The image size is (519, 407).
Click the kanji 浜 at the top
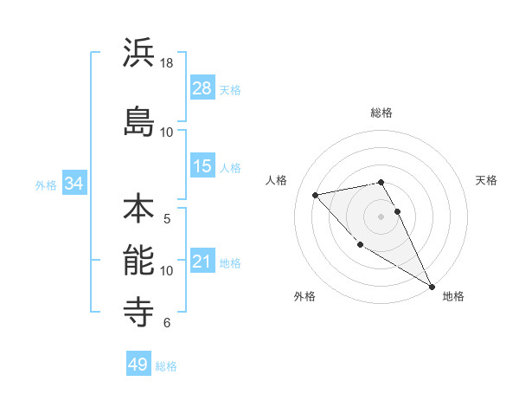[138, 53]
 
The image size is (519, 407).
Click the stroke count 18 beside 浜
[167, 63]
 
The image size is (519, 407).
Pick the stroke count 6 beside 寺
[167, 323]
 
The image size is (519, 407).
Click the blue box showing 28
[202, 88]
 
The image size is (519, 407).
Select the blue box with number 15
[202, 166]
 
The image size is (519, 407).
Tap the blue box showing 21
[202, 262]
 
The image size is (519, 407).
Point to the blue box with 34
[74, 184]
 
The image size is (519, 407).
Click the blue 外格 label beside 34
[46, 184]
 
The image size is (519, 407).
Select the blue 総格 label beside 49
[167, 366]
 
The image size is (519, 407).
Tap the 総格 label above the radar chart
[381, 113]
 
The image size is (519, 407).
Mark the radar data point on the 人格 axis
[316, 195]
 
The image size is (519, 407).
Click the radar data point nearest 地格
[432, 286]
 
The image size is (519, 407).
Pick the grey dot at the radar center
[381, 216]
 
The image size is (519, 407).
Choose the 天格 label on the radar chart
[487, 180]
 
